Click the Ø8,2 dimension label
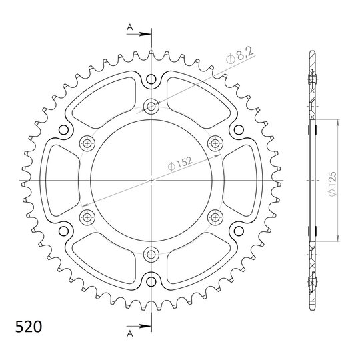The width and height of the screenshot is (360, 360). coord(239,56)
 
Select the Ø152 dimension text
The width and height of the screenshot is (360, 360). coord(180,163)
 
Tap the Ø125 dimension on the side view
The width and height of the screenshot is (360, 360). coord(332,184)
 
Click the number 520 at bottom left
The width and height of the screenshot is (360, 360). coord(29,327)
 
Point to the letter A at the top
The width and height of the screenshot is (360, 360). coord(130,27)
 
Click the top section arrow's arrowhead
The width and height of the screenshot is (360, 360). coord(145,34)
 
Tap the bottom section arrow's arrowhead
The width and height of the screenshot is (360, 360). coord(145,326)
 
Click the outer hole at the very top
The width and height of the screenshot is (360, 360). coord(151,79)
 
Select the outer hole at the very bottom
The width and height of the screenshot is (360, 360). coord(151,281)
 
